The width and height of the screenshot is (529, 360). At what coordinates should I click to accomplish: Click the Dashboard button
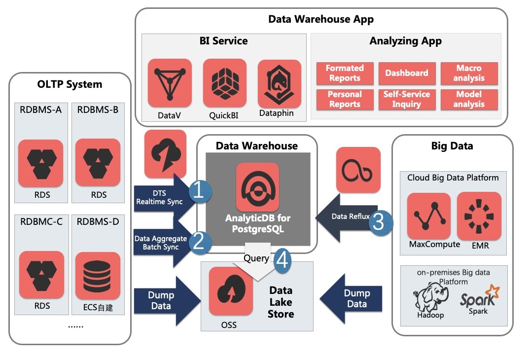tap(407, 73)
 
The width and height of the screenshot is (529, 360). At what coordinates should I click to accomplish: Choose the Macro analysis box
tap(469, 73)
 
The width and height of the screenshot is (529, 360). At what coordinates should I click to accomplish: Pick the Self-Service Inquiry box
tap(407, 99)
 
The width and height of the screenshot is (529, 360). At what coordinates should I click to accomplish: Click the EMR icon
tap(479, 216)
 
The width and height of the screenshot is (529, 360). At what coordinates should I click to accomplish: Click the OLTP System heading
tap(70, 84)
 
